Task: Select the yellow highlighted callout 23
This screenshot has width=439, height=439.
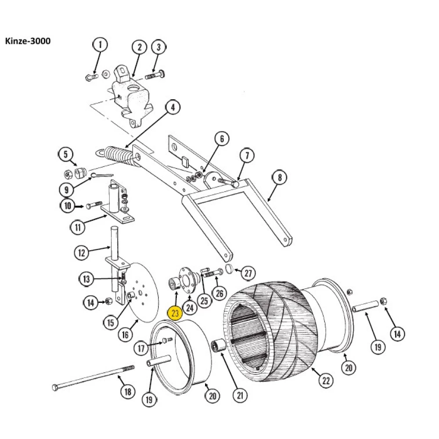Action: click(175, 313)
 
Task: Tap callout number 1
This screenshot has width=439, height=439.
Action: click(100, 44)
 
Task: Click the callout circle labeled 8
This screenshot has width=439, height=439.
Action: click(280, 178)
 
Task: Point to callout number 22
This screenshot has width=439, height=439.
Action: click(326, 380)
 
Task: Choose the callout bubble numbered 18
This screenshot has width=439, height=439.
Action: click(127, 392)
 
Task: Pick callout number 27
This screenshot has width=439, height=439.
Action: click(248, 273)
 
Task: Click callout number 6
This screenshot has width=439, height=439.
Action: click(222, 139)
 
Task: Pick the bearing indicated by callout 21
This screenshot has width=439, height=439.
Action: click(218, 347)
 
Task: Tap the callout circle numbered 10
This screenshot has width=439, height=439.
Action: click(68, 205)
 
